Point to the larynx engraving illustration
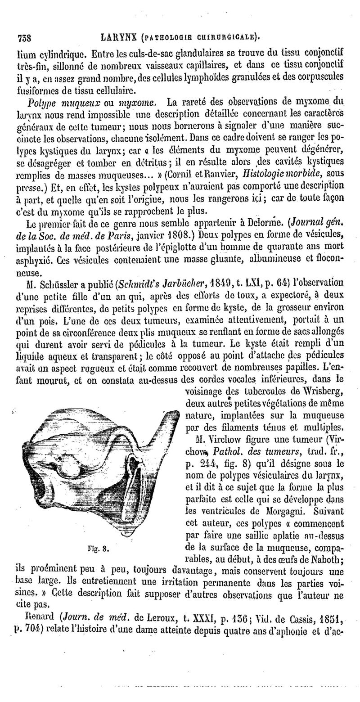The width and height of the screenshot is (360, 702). [x=96, y=468]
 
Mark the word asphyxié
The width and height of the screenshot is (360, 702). [x=34, y=258]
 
